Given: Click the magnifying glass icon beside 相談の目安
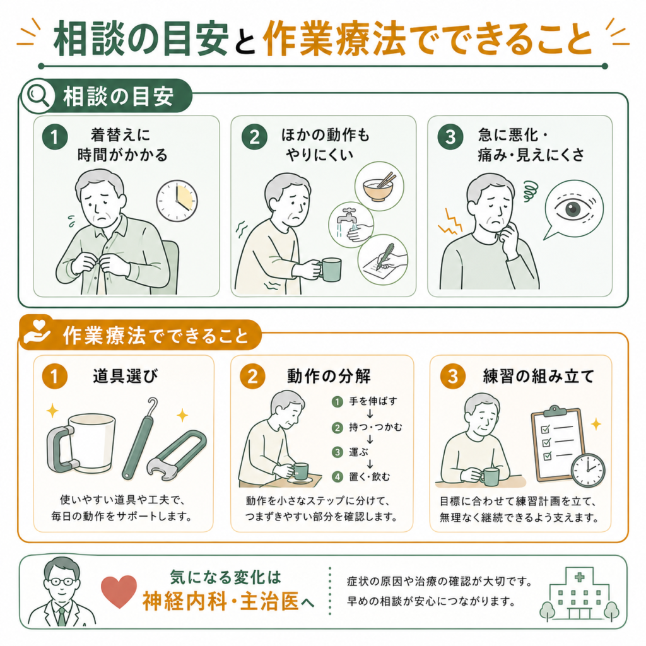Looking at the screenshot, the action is click(37, 97).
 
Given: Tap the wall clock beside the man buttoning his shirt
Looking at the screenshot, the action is click(177, 201).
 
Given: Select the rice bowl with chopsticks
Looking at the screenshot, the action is click(379, 187).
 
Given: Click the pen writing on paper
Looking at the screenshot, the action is click(384, 256).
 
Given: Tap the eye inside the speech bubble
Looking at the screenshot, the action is click(573, 208).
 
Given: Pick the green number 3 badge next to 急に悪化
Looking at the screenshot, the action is click(450, 137).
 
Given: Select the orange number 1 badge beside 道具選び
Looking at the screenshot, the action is click(54, 376).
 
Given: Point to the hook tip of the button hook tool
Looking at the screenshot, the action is click(153, 401).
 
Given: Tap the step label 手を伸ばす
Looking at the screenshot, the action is click(373, 401).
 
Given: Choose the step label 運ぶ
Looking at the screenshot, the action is click(358, 452).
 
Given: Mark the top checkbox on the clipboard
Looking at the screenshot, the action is click(545, 429).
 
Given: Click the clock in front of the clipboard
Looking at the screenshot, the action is click(588, 470).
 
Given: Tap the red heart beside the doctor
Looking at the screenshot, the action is click(119, 591).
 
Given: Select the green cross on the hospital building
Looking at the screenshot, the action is click(579, 577).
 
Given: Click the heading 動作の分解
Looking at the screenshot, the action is click(329, 376).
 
